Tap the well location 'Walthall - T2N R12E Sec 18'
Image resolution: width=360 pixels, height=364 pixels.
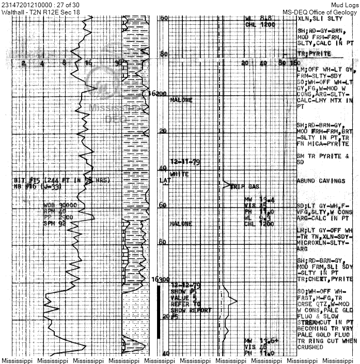40,12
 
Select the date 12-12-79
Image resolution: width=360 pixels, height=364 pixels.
185,285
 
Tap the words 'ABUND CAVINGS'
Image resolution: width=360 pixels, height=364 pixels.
321,181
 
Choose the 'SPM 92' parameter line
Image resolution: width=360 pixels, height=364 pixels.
55,224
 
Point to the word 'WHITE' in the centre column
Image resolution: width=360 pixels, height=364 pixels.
179,174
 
